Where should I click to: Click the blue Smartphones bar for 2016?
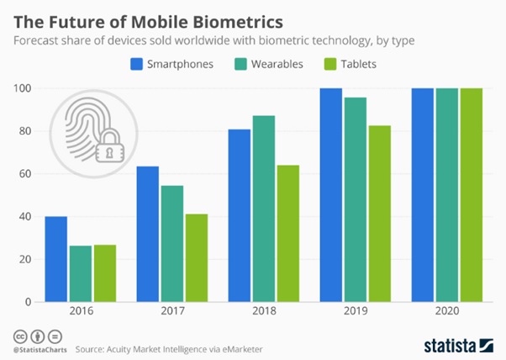click(55, 259)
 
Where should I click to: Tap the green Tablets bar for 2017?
click(195, 257)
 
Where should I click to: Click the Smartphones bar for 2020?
click(423, 194)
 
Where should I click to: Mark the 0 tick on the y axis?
click(30, 302)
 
